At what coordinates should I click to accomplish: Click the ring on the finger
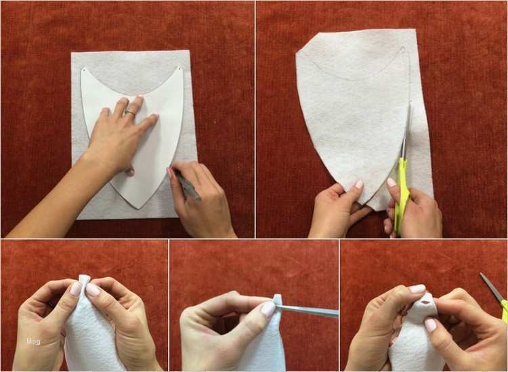[x=130, y=113]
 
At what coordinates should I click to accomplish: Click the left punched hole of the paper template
[x=83, y=69]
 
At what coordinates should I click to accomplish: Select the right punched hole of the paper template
[x=179, y=68]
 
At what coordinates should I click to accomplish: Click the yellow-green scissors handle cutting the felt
[x=402, y=194]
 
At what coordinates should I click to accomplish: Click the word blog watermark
[x=34, y=342]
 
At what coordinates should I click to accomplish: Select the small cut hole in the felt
[x=425, y=302]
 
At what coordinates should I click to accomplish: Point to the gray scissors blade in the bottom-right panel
[x=492, y=287]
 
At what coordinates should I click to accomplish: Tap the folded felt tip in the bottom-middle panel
[x=277, y=299]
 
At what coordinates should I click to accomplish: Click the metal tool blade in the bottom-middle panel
[x=307, y=311]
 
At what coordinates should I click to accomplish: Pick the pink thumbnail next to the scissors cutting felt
[x=391, y=182]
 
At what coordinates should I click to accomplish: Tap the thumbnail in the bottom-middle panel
[x=268, y=308]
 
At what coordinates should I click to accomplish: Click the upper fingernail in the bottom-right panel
[x=417, y=289]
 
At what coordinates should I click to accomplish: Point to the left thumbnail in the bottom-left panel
[x=75, y=289]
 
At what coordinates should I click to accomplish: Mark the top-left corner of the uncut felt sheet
[x=72, y=52]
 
